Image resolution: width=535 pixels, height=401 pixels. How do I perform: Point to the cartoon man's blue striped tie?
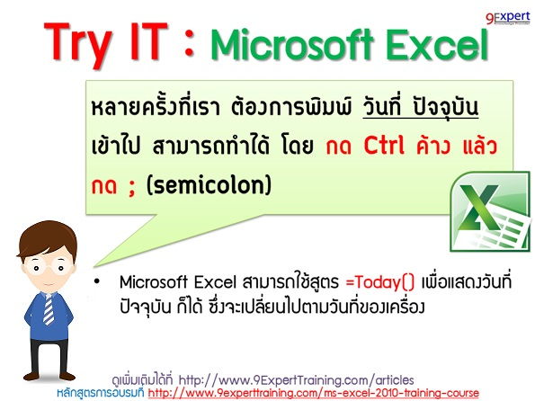coord(46,311)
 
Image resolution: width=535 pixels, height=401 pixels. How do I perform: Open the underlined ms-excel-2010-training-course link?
coord(324,393)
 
